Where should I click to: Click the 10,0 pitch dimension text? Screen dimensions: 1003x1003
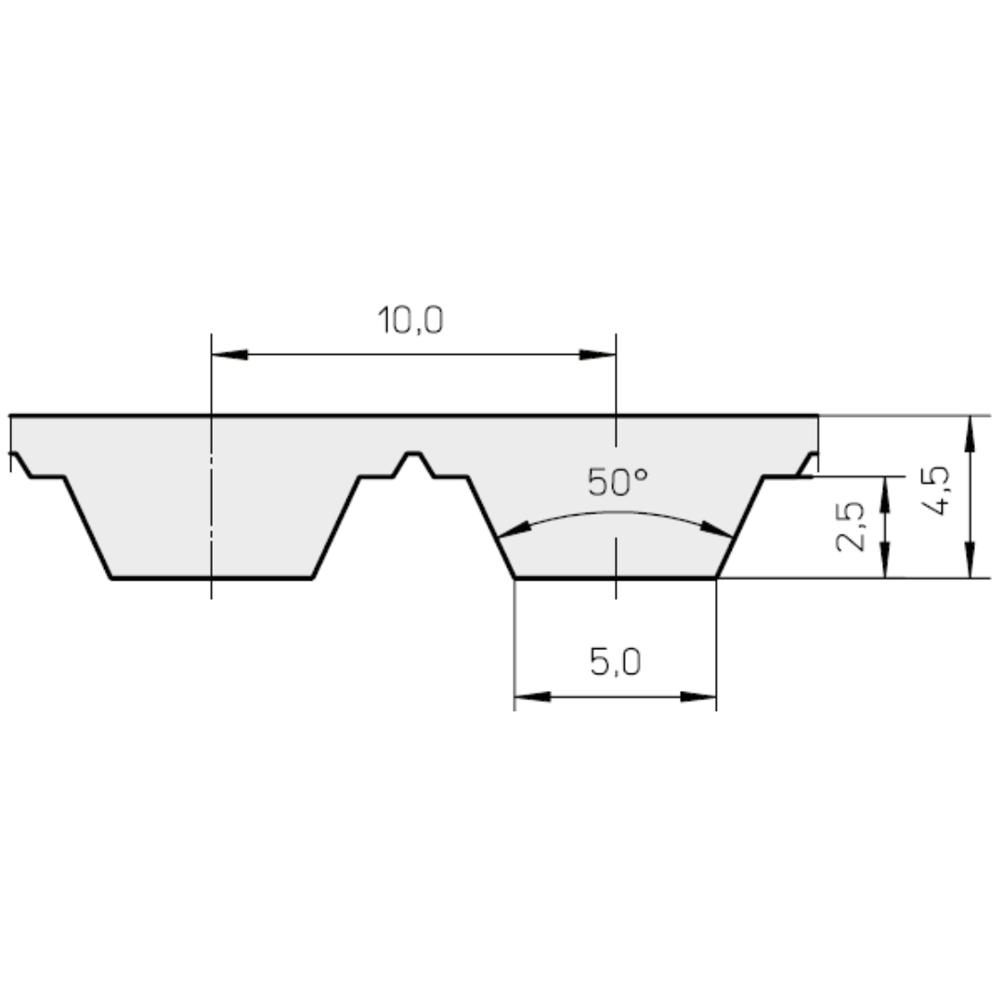410,320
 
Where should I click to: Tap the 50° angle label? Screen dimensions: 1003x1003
617,482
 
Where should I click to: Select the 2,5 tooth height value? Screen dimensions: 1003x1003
851,527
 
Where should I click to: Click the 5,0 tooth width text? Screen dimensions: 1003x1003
615,663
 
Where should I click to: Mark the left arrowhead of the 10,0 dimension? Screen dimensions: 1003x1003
228,355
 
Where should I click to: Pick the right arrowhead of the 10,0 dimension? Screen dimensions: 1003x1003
599,355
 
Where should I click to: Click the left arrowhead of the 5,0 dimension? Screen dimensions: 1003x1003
531,697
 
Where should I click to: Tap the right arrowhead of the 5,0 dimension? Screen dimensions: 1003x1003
699,697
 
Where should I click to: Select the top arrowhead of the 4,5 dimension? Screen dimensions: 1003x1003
970,433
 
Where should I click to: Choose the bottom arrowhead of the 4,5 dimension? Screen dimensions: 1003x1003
970,561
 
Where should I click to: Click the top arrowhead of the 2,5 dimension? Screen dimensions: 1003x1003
885,493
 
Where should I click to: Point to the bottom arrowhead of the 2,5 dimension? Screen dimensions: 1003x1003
885,562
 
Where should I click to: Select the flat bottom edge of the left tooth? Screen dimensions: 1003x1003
212,578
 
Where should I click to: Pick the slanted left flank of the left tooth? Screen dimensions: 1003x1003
87,528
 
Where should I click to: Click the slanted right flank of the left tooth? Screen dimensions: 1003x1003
336,528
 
